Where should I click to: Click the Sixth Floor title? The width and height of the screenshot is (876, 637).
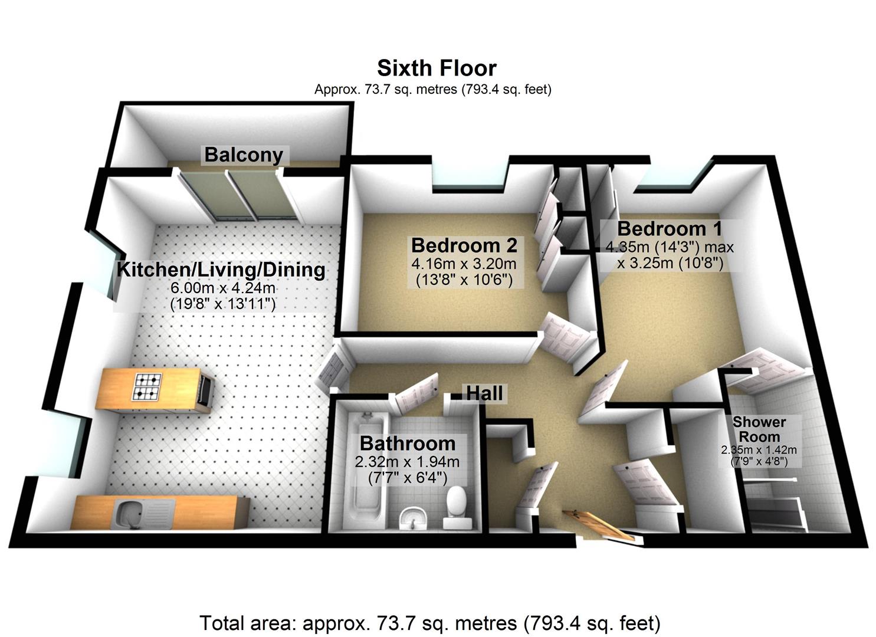(x=437, y=68)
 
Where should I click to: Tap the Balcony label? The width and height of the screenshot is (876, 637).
(x=244, y=155)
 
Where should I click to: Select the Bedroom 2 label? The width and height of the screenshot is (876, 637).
(x=464, y=245)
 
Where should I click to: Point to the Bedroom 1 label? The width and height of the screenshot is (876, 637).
(x=670, y=228)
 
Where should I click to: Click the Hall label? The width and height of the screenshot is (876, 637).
(x=484, y=393)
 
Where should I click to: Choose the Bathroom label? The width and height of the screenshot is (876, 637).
(x=408, y=443)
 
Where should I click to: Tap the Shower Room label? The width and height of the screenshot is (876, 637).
(x=759, y=429)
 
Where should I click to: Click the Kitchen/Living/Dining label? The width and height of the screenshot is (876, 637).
(x=221, y=270)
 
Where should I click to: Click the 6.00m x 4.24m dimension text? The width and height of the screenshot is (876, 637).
(x=223, y=288)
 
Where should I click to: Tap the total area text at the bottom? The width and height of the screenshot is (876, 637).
(x=429, y=623)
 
